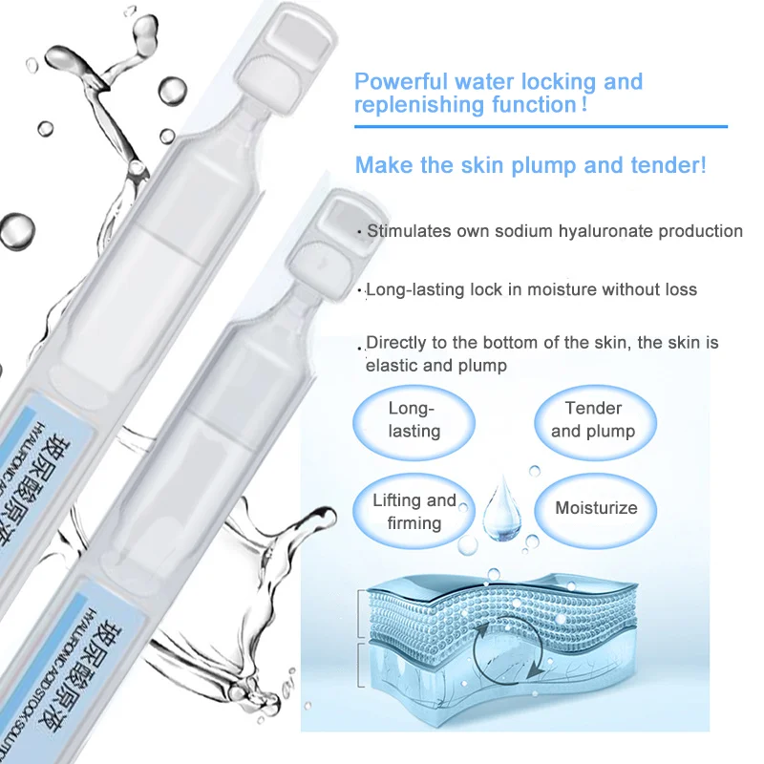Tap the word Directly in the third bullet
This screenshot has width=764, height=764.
point(397,342)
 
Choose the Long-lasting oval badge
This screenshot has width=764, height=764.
point(414,419)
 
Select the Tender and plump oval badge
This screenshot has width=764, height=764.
point(593,419)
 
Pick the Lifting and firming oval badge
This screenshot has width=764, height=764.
point(414,511)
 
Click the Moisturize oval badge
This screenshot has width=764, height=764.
point(596,508)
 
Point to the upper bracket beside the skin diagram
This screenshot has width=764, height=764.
point(359,612)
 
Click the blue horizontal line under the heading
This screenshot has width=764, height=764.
point(541,125)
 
